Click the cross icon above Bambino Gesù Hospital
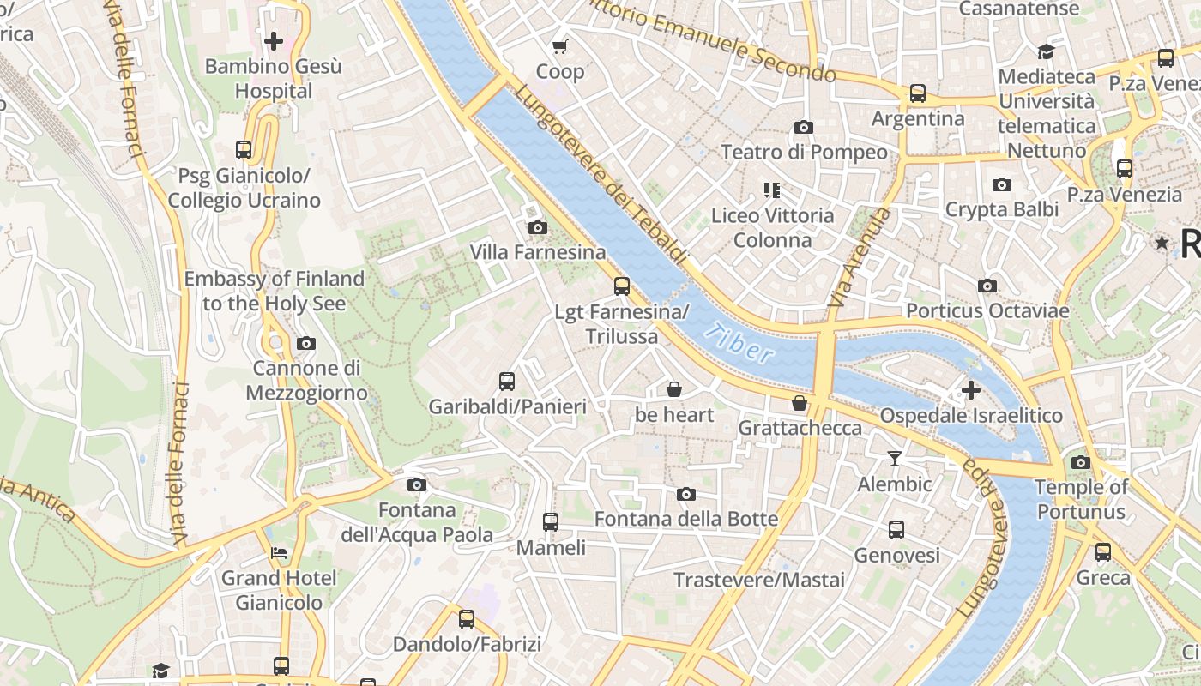[274, 40]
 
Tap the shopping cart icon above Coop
[560, 46]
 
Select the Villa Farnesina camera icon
[538, 227]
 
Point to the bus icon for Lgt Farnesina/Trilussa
[622, 286]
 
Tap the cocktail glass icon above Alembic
[895, 459]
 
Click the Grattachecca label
[800, 427]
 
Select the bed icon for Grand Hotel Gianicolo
[279, 553]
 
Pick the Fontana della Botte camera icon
[686, 494]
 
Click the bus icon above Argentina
[918, 93]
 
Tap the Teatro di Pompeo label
[804, 152]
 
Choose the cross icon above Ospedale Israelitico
[971, 391]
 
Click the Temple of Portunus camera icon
[1081, 463]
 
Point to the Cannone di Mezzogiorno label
[306, 380]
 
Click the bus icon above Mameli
[551, 521]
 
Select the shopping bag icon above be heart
[674, 390]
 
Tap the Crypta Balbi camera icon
[1001, 184]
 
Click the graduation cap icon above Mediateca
[1046, 51]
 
